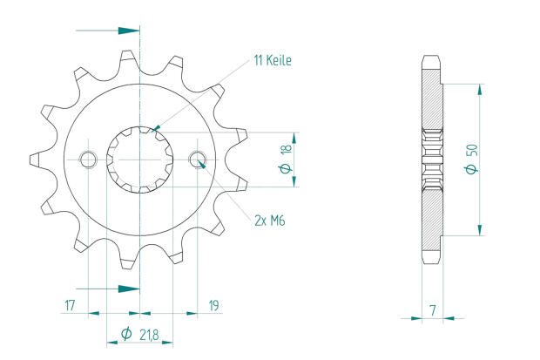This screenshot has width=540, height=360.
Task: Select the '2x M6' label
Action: tap(269, 221)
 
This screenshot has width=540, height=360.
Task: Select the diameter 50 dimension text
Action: tap(470, 160)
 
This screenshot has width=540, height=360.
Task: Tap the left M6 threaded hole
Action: tap(87, 160)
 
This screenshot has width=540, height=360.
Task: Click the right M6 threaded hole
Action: tap(198, 160)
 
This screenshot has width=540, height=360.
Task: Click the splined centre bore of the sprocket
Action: tap(139, 160)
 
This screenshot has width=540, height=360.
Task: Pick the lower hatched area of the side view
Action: tap(432, 218)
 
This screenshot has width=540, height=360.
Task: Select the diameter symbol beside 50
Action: tap(470, 169)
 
